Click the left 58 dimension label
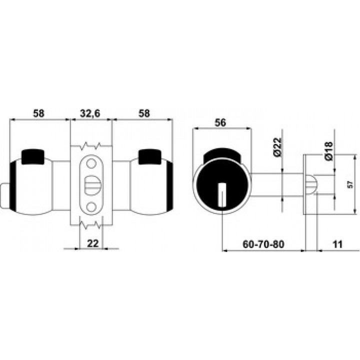click(38, 113)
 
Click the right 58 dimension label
click(144, 113)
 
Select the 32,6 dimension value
click(90, 113)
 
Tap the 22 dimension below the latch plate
click(93, 243)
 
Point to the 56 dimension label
click(220, 123)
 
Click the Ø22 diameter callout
click(277, 147)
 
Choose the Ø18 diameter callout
click(328, 150)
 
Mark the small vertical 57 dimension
click(350, 184)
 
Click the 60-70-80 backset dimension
click(263, 244)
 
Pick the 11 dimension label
click(337, 244)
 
